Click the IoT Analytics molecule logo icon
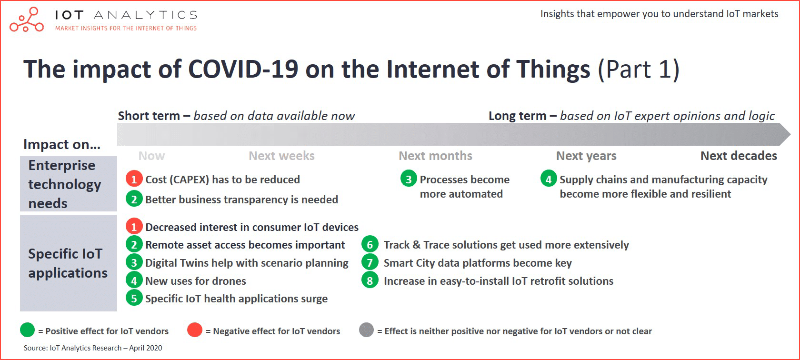tap(27, 20)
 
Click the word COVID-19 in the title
tap(243, 69)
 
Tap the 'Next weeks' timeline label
tap(281, 156)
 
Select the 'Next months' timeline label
tap(435, 156)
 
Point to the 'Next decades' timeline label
tap(739, 156)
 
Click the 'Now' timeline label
tap(151, 156)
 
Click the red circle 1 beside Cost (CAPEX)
tap(134, 179)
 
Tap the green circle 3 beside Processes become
tap(409, 179)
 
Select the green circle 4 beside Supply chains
tap(549, 179)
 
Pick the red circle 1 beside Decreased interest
tap(134, 227)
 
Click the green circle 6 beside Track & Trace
tap(370, 245)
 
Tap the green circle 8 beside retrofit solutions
tap(370, 281)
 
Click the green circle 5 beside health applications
tap(134, 298)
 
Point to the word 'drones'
tap(229, 281)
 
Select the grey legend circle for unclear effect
tap(367, 330)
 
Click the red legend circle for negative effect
tap(195, 330)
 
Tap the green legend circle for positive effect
tap(28, 330)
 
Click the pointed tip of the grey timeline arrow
tap(790, 134)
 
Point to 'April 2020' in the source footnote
tap(146, 348)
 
